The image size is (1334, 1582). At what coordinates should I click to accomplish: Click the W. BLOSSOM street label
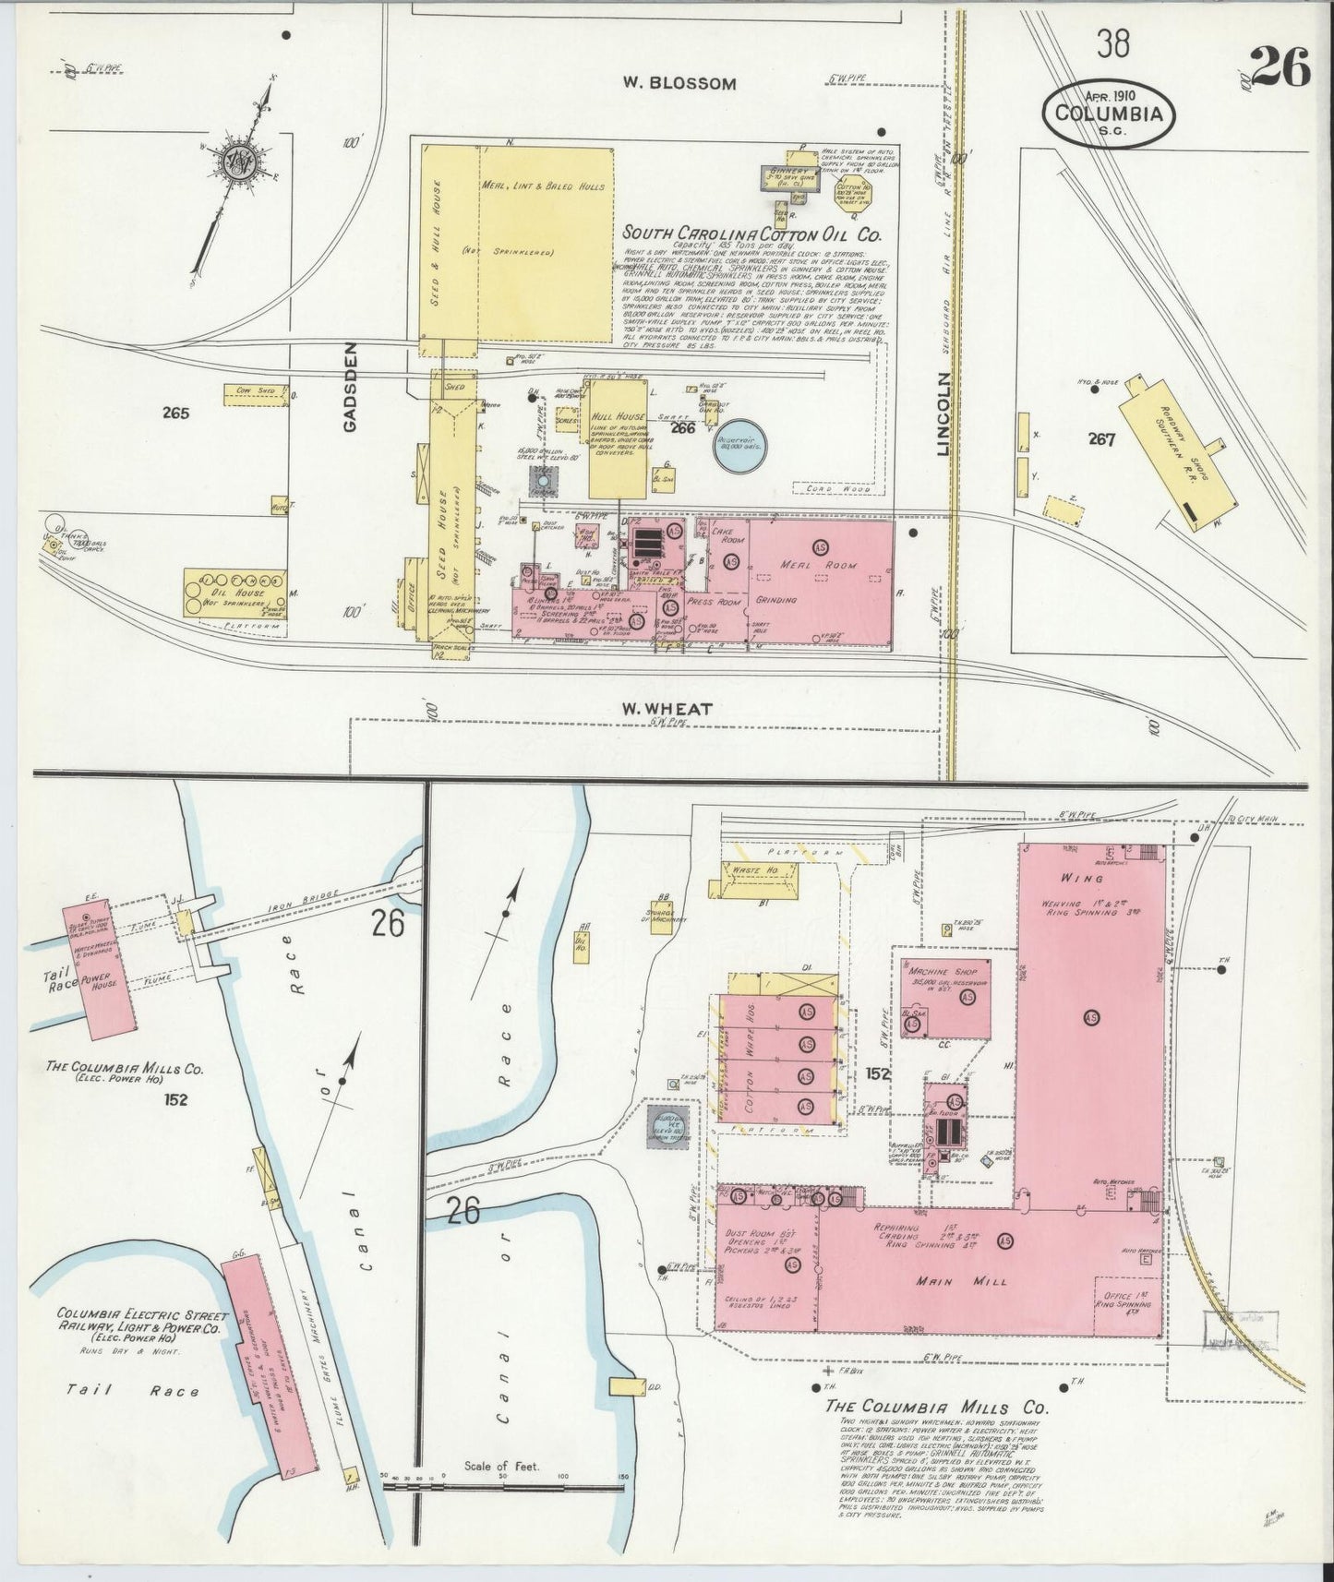(x=679, y=84)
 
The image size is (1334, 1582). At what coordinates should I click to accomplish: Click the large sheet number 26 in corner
(x=1281, y=69)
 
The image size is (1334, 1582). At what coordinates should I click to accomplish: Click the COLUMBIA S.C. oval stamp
(x=1110, y=114)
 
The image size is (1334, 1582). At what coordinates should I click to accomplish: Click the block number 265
(x=174, y=413)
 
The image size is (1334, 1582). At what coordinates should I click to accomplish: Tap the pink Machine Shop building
(x=944, y=998)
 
